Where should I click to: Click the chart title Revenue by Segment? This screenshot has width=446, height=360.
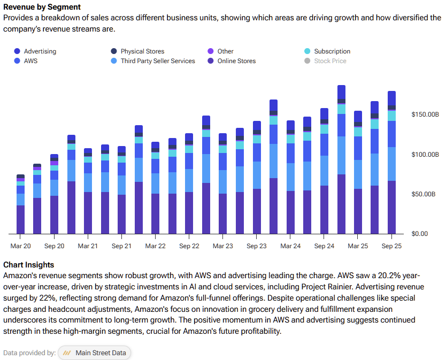click(x=42, y=7)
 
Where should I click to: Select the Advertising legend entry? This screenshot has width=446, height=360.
click(x=40, y=51)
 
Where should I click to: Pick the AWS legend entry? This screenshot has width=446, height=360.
click(x=30, y=61)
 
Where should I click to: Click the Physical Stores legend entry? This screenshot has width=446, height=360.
click(x=142, y=51)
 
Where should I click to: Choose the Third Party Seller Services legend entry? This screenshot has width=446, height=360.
click(x=158, y=61)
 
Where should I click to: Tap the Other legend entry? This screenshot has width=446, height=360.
click(x=225, y=51)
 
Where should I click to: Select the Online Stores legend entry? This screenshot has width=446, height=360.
click(x=236, y=61)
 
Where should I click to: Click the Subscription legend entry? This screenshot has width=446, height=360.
click(x=332, y=51)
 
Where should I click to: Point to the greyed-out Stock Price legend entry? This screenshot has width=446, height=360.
click(x=330, y=61)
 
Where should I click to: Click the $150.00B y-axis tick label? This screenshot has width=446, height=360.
click(x=425, y=114)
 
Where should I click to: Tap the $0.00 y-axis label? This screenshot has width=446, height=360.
click(x=420, y=234)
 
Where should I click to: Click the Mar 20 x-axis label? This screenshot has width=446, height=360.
click(x=21, y=246)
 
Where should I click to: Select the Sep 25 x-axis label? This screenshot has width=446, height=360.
click(x=391, y=246)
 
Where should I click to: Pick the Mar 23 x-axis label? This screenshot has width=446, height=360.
click(x=222, y=246)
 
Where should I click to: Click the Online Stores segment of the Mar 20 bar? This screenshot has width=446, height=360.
click(x=21, y=219)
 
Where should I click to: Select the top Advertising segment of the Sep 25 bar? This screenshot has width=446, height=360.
click(x=391, y=98)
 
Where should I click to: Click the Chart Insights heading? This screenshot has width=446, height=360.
click(x=28, y=265)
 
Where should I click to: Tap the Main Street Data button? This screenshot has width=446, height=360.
click(x=95, y=353)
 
